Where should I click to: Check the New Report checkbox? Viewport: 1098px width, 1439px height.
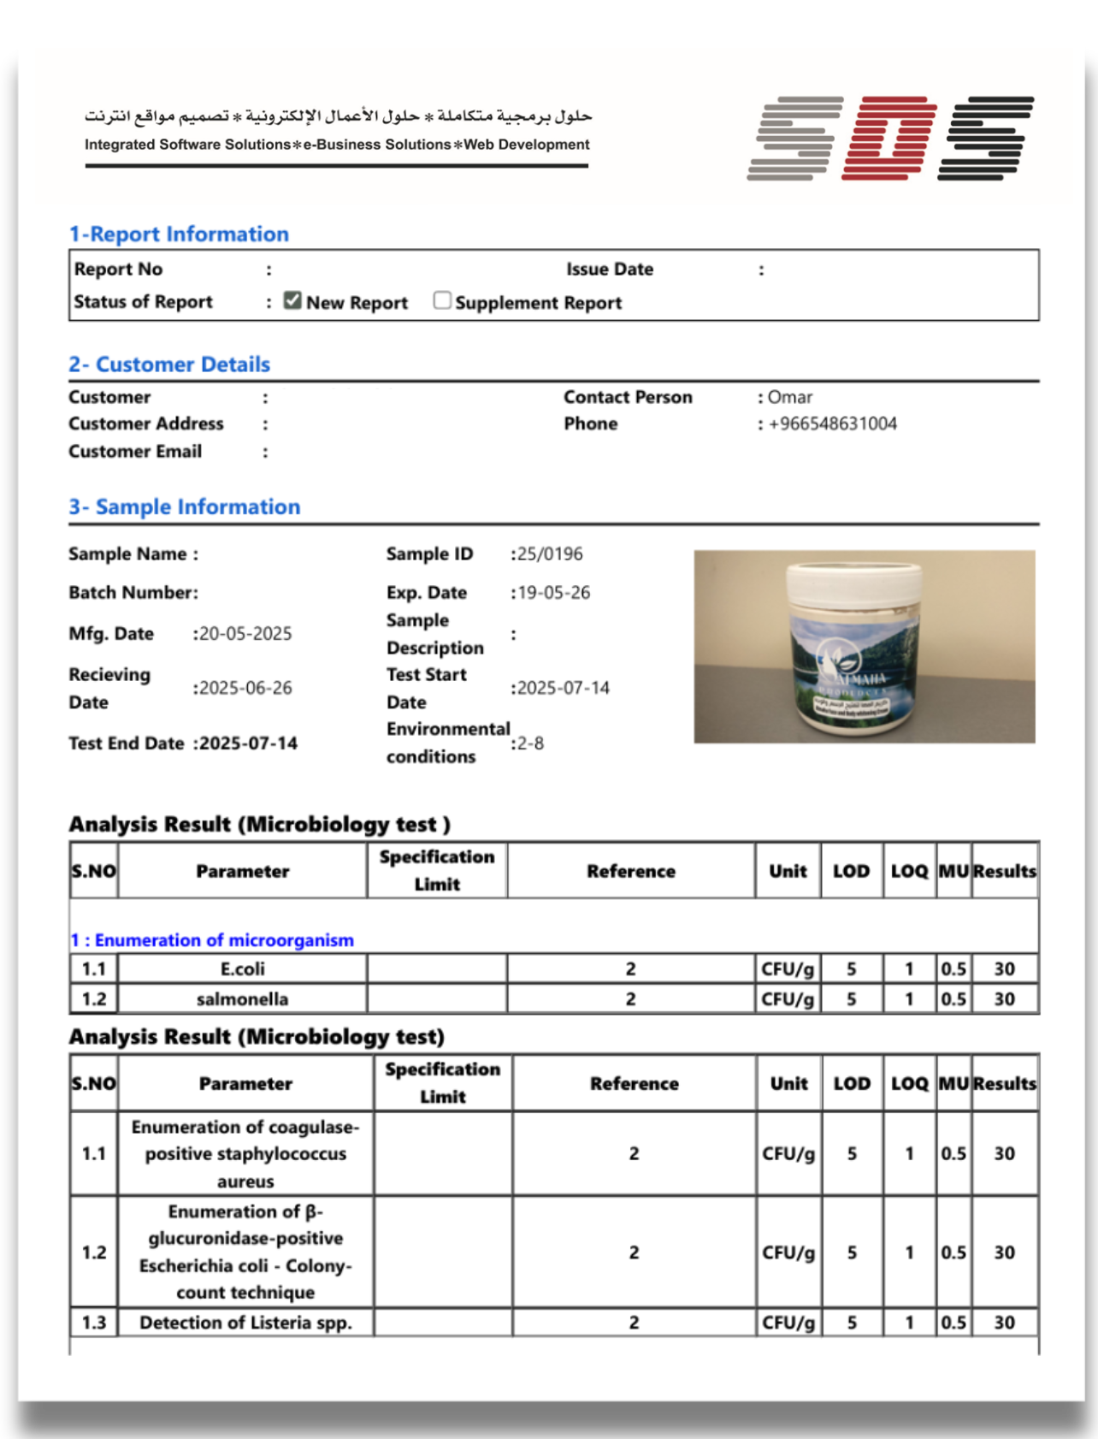coord(292,300)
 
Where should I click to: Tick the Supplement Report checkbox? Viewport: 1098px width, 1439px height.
coord(442,300)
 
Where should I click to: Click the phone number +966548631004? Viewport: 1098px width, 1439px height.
coord(832,423)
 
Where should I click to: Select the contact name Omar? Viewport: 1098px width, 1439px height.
coord(790,397)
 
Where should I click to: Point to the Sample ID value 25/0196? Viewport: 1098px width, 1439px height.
coord(550,554)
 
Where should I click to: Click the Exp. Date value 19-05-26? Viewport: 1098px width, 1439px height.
coord(554,593)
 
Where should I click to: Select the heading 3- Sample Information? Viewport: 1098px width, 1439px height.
coord(185,506)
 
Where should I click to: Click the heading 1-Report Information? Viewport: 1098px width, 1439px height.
coord(179,234)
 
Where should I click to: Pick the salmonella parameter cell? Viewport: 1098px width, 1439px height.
coord(242,999)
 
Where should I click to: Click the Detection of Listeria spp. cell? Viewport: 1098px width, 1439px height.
coord(245,1323)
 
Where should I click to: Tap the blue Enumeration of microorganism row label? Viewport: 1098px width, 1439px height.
coord(212,940)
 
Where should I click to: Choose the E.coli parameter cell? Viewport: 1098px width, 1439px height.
coord(242,969)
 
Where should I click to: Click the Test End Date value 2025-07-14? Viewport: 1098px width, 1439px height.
coord(249,743)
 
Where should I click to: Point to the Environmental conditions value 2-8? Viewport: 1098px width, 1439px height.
coord(530,743)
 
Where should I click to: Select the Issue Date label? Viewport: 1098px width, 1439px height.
coord(609,269)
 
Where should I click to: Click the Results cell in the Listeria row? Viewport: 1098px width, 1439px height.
coord(1004,1323)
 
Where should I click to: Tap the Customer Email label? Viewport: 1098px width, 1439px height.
coord(135,452)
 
